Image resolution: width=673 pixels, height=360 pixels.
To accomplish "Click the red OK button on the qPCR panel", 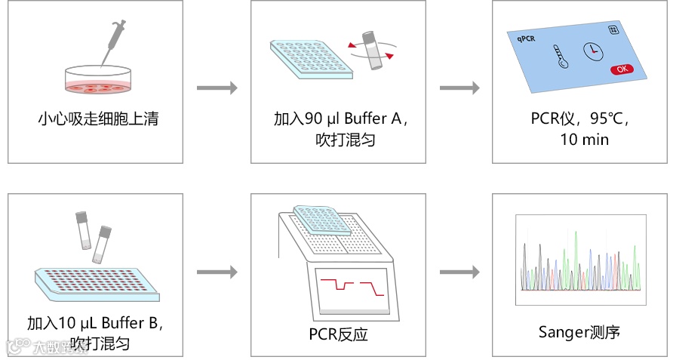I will tap(621, 69).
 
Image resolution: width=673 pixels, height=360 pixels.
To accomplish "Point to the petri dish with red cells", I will tap(98, 81).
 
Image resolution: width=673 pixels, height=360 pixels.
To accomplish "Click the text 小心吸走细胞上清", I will tap(98, 118).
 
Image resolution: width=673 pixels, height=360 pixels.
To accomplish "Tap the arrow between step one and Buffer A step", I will tap(217, 88).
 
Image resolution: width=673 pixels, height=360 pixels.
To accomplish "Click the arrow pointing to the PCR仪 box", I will tap(459, 88).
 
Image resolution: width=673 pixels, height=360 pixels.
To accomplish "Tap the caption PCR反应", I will tap(339, 334).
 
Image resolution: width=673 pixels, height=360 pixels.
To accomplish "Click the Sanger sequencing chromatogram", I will tap(580, 260).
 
